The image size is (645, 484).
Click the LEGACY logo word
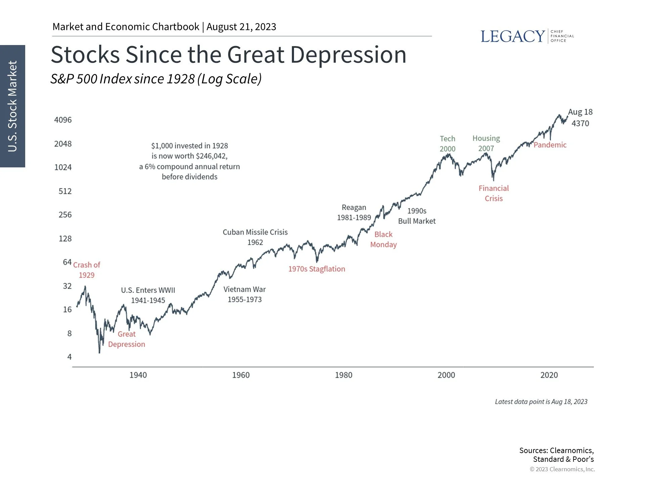512,36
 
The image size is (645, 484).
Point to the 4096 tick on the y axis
63,120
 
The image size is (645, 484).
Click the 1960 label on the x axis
241,375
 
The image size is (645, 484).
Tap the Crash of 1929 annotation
87,270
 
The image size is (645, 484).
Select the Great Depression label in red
127,339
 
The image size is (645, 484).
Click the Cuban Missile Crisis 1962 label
255,237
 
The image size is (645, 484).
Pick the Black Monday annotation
383,239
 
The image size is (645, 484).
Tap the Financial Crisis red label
493,193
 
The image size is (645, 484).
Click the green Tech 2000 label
447,144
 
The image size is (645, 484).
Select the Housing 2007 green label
486,143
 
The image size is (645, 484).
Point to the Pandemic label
550,145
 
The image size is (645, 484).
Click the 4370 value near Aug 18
580,123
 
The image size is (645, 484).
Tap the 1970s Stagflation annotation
316,269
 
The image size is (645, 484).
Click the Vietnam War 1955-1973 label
245,294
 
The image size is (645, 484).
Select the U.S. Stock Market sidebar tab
12,106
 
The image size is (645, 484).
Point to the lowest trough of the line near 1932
99,352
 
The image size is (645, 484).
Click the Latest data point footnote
541,402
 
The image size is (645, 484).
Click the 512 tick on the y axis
65,191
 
